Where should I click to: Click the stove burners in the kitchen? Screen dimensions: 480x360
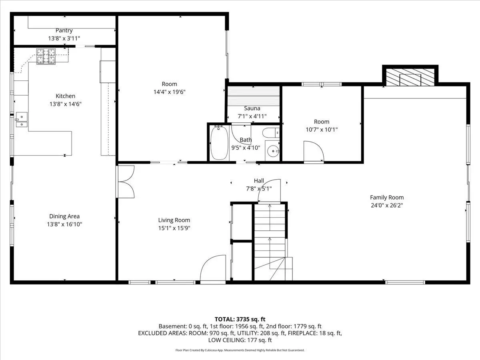pyautogui.click(x=46, y=56)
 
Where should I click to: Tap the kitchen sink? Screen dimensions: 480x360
pyautogui.click(x=22, y=120)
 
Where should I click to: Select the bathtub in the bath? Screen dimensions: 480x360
pyautogui.click(x=219, y=143)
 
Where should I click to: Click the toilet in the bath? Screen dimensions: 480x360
pyautogui.click(x=271, y=133)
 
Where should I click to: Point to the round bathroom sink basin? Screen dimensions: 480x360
pyautogui.click(x=273, y=151)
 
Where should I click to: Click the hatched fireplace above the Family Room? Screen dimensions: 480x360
pyautogui.click(x=410, y=77)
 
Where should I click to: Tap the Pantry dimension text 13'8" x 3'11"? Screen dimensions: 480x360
pyautogui.click(x=64, y=38)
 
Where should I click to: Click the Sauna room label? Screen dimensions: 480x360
pyautogui.click(x=252, y=108)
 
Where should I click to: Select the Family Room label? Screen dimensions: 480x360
pyautogui.click(x=387, y=197)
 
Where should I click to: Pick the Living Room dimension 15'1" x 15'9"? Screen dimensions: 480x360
pyautogui.click(x=174, y=228)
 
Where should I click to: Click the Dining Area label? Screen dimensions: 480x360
pyautogui.click(x=64, y=216)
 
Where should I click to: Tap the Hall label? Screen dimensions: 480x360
pyautogui.click(x=259, y=181)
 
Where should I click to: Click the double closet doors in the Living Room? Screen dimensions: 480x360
pyautogui.click(x=126, y=182)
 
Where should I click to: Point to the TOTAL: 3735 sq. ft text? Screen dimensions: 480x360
pyautogui.click(x=240, y=319)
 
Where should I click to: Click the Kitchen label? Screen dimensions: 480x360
pyautogui.click(x=65, y=96)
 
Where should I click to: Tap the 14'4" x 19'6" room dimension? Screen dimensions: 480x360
pyautogui.click(x=170, y=92)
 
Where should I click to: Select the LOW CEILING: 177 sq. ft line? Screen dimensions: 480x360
pyautogui.click(x=240, y=340)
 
